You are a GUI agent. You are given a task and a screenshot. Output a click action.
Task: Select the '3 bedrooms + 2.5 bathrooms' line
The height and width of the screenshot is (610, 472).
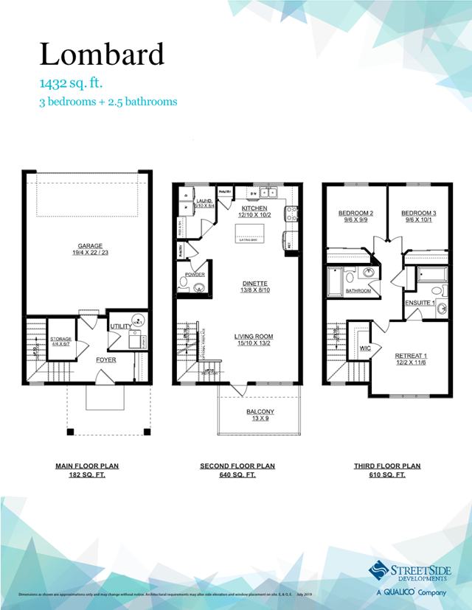108,102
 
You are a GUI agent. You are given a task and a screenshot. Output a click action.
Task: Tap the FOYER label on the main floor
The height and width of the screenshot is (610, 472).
106,360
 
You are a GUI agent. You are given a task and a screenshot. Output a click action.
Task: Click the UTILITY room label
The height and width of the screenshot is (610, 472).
120,326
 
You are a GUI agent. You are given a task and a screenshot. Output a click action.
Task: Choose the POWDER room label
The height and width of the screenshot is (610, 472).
195,274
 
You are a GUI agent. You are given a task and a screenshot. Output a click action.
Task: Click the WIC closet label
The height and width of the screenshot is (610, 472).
364,348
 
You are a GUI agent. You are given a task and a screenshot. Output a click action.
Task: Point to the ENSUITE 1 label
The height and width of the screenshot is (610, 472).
419,303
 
